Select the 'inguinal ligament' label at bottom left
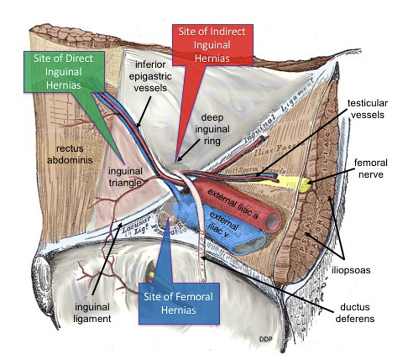(x=93, y=313)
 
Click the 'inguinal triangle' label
(x=124, y=177)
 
